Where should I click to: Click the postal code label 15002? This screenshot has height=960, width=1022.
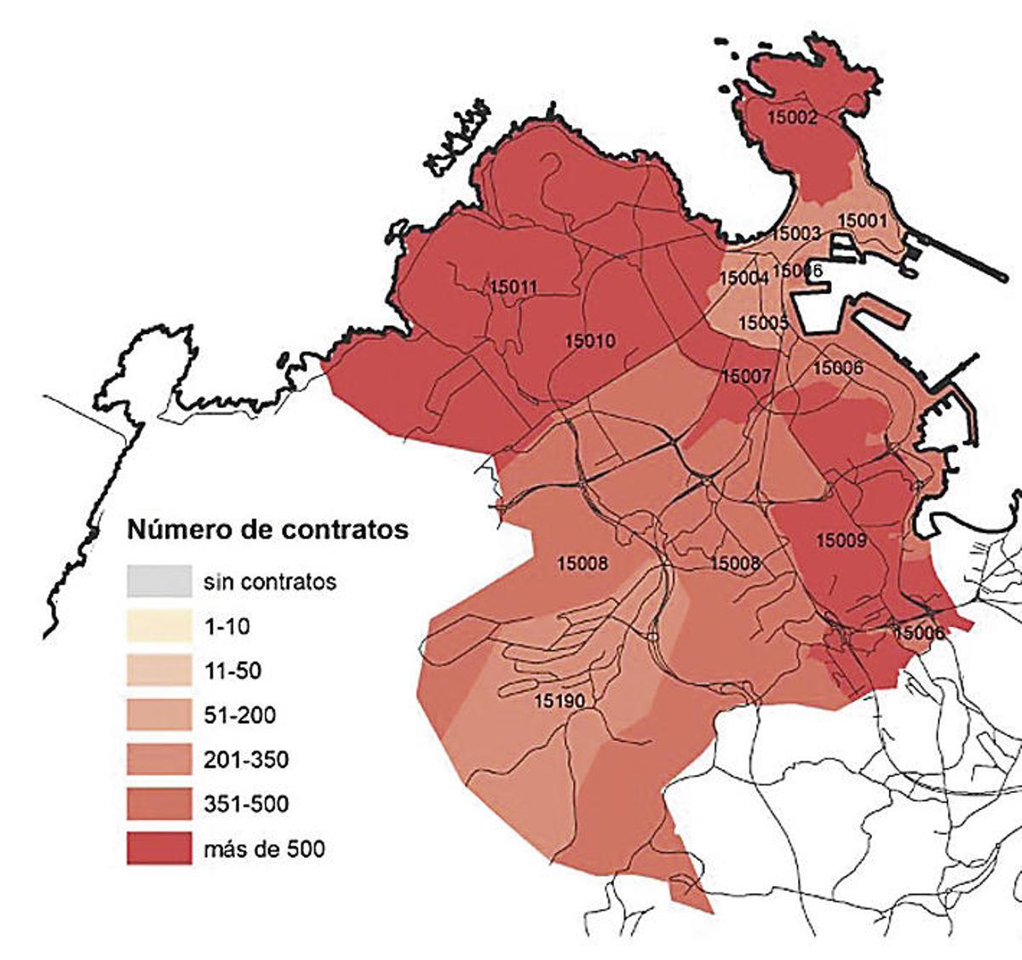tap(792, 118)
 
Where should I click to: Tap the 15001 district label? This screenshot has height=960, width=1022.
tap(863, 220)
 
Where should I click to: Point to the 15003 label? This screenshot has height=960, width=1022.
tap(795, 233)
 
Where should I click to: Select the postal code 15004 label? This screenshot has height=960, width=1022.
tap(744, 278)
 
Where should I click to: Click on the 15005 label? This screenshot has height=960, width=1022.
tap(763, 323)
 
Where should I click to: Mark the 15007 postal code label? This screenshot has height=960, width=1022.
tap(746, 376)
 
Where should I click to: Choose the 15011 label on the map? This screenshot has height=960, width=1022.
tap(514, 287)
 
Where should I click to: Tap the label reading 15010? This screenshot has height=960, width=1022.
tap(589, 341)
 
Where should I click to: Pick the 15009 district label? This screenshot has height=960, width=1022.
tap(841, 540)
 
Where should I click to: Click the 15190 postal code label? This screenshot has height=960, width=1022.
tap(560, 701)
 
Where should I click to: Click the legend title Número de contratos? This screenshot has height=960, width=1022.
tap(267, 529)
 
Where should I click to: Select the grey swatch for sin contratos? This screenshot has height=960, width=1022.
tap(159, 582)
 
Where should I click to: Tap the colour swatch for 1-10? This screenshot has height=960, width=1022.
tap(159, 627)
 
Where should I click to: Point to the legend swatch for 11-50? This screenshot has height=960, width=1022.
tap(159, 671)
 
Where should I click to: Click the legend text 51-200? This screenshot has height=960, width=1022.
tap(240, 716)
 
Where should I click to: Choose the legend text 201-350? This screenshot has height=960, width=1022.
tap(247, 760)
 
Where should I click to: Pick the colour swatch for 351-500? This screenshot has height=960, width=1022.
tap(159, 804)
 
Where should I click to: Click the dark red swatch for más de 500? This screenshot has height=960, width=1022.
tap(159, 848)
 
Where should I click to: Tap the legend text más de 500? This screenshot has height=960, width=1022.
tap(265, 848)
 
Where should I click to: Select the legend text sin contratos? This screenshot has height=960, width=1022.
tap(270, 582)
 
